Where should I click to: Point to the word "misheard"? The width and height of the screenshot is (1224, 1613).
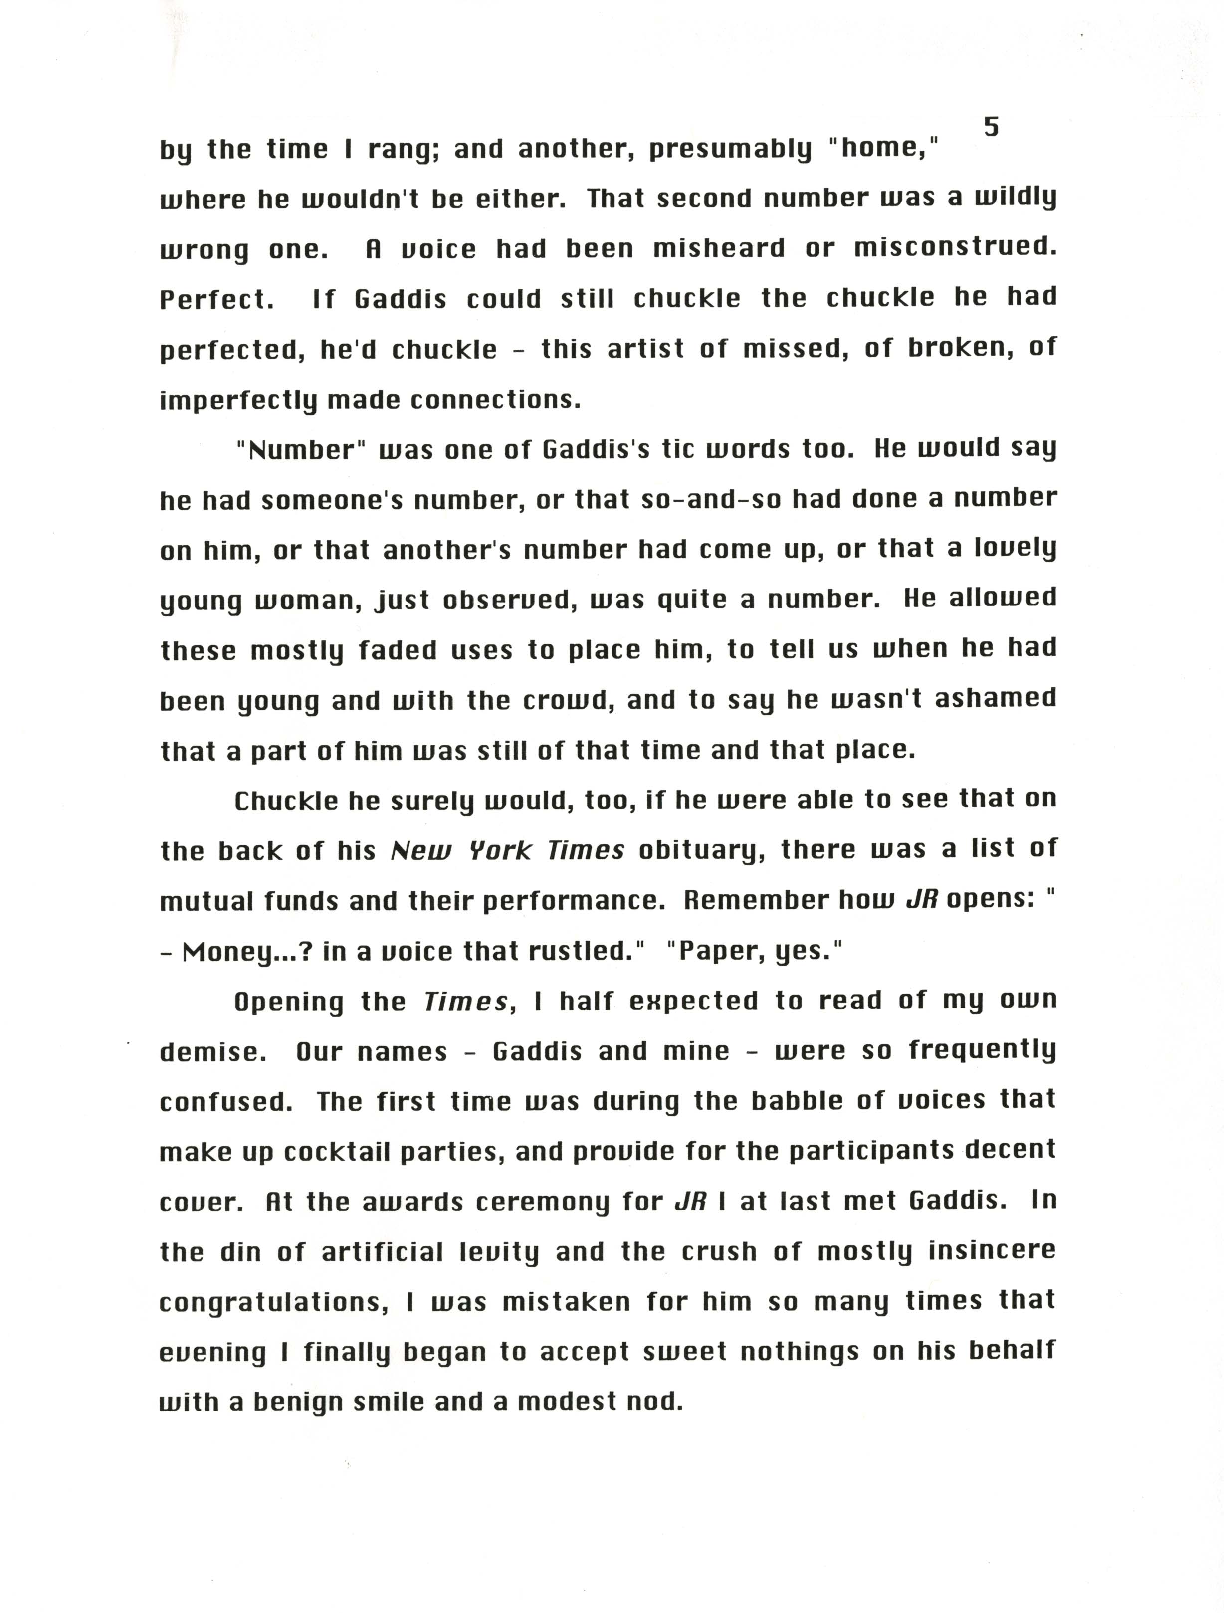click(x=719, y=249)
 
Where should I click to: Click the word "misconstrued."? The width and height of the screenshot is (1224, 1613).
click(x=955, y=249)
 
